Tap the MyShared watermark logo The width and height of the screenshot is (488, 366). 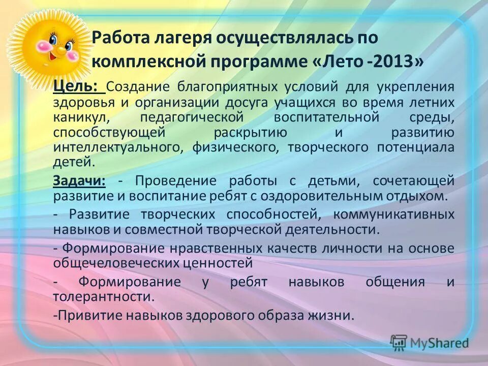430,343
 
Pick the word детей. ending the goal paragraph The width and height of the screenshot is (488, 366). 74,163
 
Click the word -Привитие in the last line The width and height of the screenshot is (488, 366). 80,315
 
